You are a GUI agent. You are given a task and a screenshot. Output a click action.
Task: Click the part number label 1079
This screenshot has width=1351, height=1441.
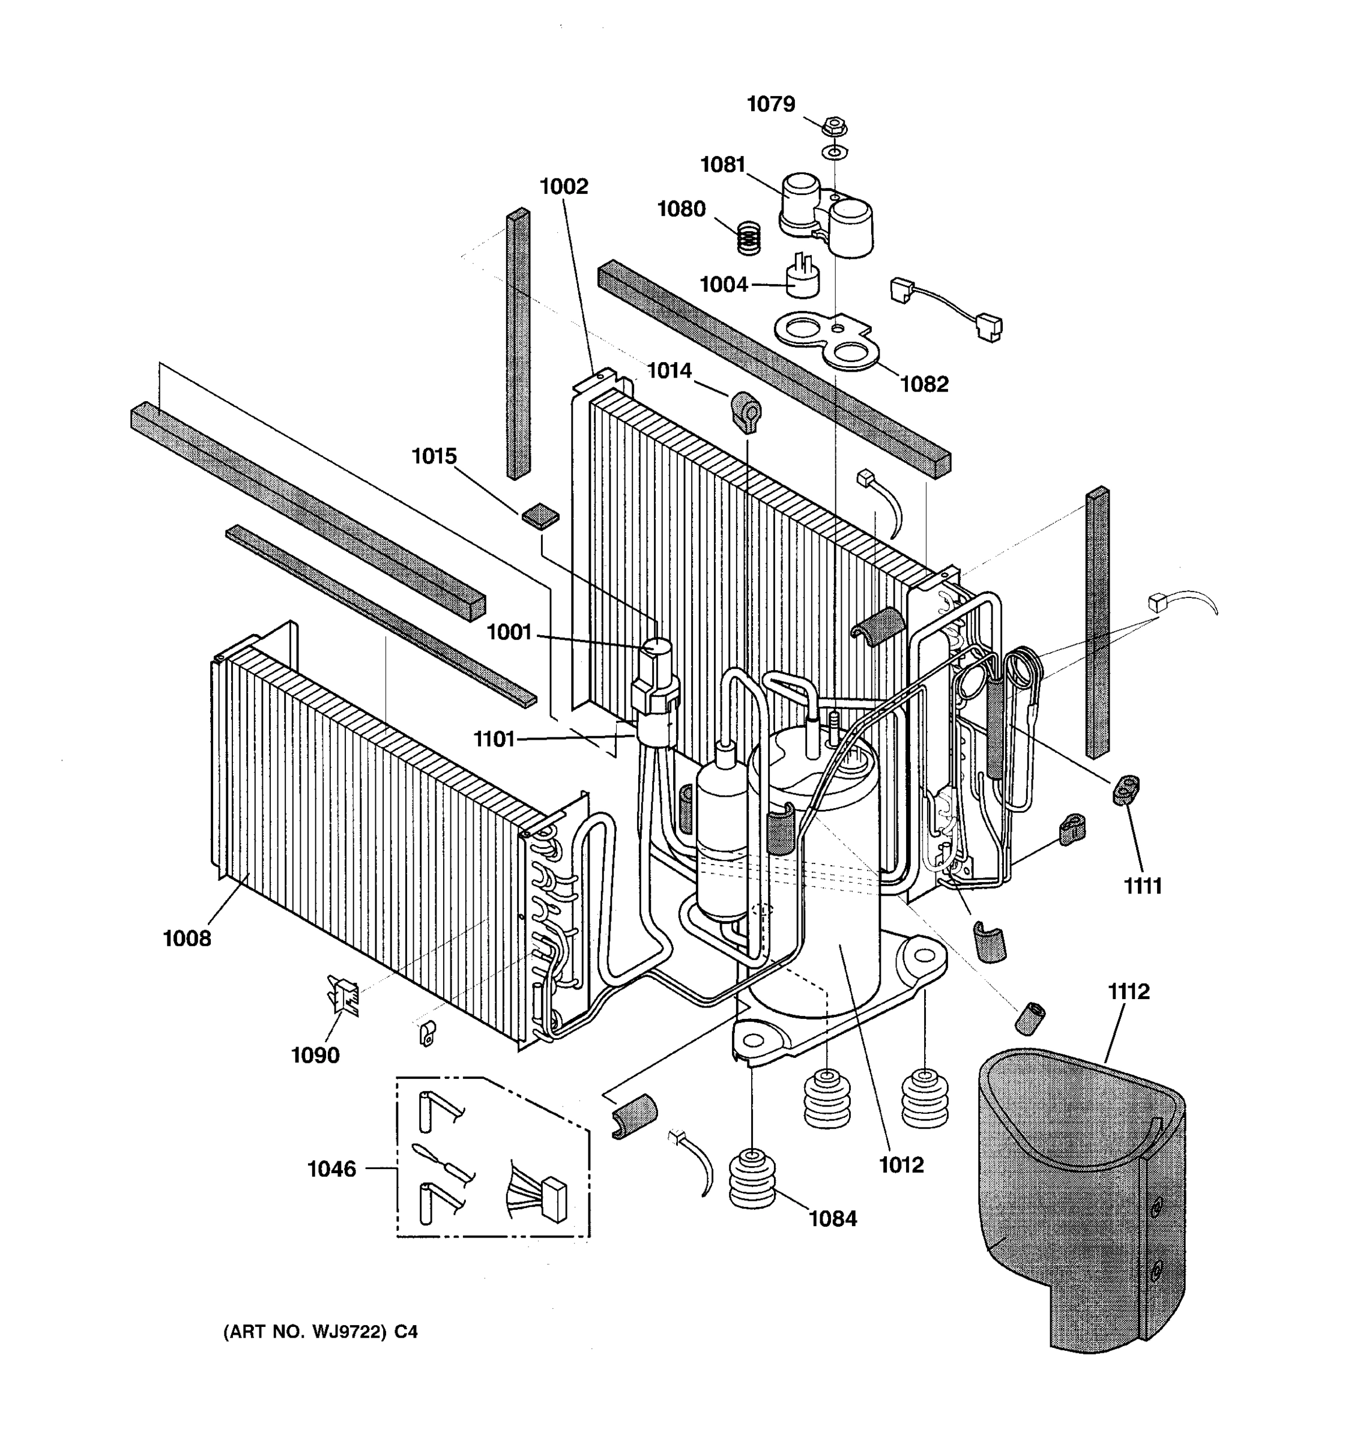click(770, 104)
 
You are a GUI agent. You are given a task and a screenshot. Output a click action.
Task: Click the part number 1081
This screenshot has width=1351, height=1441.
click(722, 165)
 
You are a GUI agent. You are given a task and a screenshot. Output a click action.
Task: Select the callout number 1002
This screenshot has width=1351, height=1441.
click(564, 187)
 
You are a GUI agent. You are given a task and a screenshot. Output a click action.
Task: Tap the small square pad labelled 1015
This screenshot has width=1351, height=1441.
click(540, 516)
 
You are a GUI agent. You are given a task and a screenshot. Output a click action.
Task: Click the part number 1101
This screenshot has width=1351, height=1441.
click(494, 739)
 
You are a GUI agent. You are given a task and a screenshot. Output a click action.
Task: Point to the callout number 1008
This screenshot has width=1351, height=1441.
click(187, 938)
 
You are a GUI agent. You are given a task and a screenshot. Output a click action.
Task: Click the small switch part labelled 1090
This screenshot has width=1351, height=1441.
click(343, 993)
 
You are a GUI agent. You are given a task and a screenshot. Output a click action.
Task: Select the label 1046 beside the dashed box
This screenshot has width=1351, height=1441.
click(332, 1169)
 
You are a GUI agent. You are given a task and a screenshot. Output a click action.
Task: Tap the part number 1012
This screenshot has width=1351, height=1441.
click(902, 1165)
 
